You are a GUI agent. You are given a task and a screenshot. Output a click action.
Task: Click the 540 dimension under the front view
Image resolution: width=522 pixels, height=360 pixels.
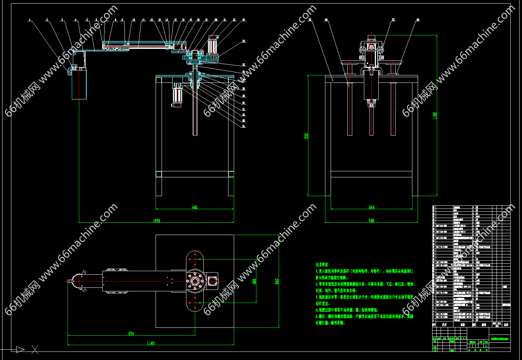point(195,207)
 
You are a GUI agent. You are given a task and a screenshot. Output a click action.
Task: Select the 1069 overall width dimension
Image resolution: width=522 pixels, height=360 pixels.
point(156,221)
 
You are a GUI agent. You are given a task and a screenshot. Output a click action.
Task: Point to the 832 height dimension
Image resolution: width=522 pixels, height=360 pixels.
point(306,136)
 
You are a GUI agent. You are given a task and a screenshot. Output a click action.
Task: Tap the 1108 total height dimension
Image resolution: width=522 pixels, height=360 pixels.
point(435,116)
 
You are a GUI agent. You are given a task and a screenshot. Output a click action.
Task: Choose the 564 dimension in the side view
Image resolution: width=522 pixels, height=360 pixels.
point(371,207)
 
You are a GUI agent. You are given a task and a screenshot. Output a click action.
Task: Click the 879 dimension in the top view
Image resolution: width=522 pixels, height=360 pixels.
point(131,334)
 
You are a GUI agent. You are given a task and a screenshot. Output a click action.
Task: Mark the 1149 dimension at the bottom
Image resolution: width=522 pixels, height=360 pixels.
point(150,343)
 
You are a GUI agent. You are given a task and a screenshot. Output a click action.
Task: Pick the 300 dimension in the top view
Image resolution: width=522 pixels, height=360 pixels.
point(254,281)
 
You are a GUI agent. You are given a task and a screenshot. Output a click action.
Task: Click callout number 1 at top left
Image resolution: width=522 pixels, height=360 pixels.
point(30,20)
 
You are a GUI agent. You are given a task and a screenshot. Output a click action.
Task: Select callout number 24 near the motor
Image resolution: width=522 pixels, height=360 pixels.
point(244,41)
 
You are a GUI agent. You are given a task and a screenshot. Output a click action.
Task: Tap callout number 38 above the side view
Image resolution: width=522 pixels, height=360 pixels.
point(418,20)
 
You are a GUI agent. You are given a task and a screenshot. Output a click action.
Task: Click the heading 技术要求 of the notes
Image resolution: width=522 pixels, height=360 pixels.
point(322,264)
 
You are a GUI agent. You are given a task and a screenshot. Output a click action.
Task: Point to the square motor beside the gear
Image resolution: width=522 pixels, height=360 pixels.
point(213,280)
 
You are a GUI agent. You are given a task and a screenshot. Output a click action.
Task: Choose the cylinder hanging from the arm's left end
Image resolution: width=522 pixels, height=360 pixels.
point(79,84)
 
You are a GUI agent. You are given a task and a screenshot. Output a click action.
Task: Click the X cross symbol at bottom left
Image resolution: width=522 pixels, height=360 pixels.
point(35,350)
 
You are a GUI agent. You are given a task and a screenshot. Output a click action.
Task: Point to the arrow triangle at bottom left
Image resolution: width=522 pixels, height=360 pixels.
point(20,350)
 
